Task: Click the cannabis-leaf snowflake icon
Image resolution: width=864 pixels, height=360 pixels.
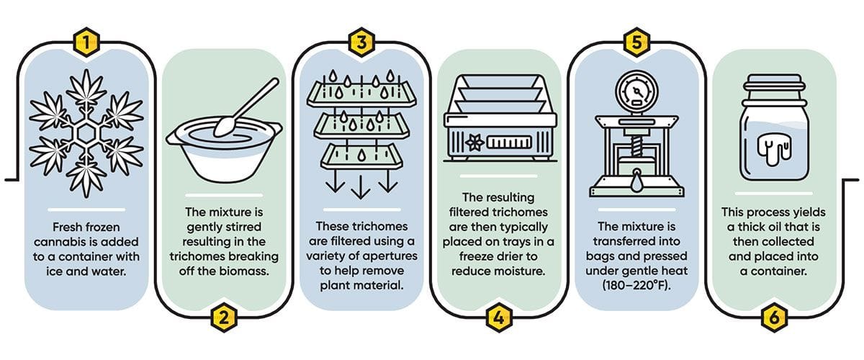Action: pyautogui.click(x=86, y=135)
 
